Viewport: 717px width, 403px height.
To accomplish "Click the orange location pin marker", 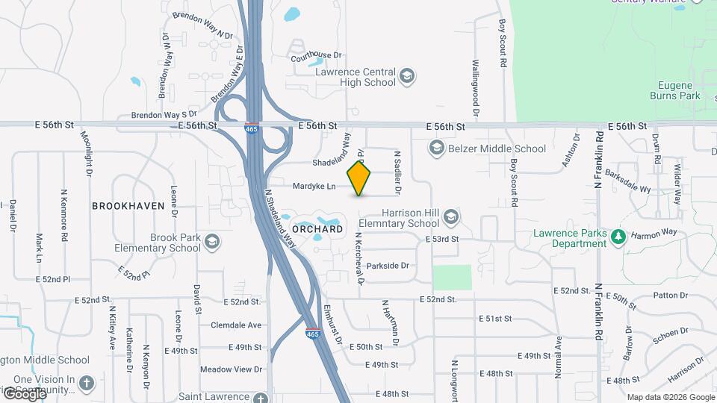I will click(x=359, y=178).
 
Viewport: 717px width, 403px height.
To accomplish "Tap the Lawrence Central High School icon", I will click(x=407, y=76).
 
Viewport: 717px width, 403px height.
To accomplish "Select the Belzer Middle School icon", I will click(x=437, y=149).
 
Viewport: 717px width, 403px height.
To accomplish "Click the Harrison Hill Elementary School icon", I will click(x=450, y=217).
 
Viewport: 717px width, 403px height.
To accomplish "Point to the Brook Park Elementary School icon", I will click(x=212, y=242).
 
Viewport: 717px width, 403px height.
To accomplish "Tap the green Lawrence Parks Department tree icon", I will click(x=618, y=237).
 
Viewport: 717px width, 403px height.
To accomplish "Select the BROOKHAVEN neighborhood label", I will click(x=128, y=205).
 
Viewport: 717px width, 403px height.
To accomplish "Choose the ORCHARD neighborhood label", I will click(x=317, y=229).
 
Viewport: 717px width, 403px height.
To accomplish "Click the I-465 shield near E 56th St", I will click(x=252, y=128).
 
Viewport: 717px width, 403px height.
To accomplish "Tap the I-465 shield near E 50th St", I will click(x=313, y=334).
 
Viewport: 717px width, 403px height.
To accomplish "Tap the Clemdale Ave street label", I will click(x=236, y=325).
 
